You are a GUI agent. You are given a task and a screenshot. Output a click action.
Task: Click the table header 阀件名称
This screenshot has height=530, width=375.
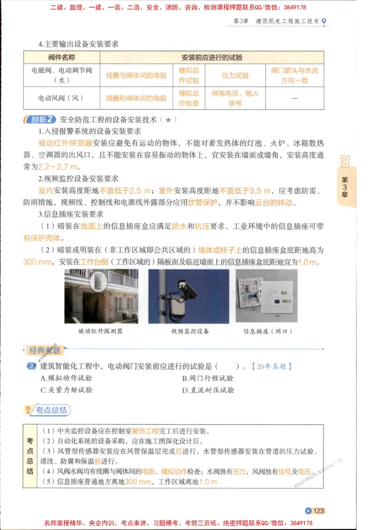(61, 58)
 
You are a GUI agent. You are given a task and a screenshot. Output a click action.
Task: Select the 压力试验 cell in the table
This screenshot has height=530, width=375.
(235, 75)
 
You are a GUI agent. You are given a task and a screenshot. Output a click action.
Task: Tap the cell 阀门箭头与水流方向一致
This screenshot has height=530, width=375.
(294, 75)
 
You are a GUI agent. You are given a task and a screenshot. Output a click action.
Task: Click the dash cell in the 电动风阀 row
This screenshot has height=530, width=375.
(294, 98)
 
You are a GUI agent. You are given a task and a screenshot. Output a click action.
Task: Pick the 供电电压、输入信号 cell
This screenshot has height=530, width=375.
(235, 98)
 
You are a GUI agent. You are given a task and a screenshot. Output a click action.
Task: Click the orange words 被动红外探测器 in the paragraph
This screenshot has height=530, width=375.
(65, 143)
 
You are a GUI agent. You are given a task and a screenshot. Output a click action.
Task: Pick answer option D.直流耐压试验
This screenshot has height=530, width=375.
(208, 390)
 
